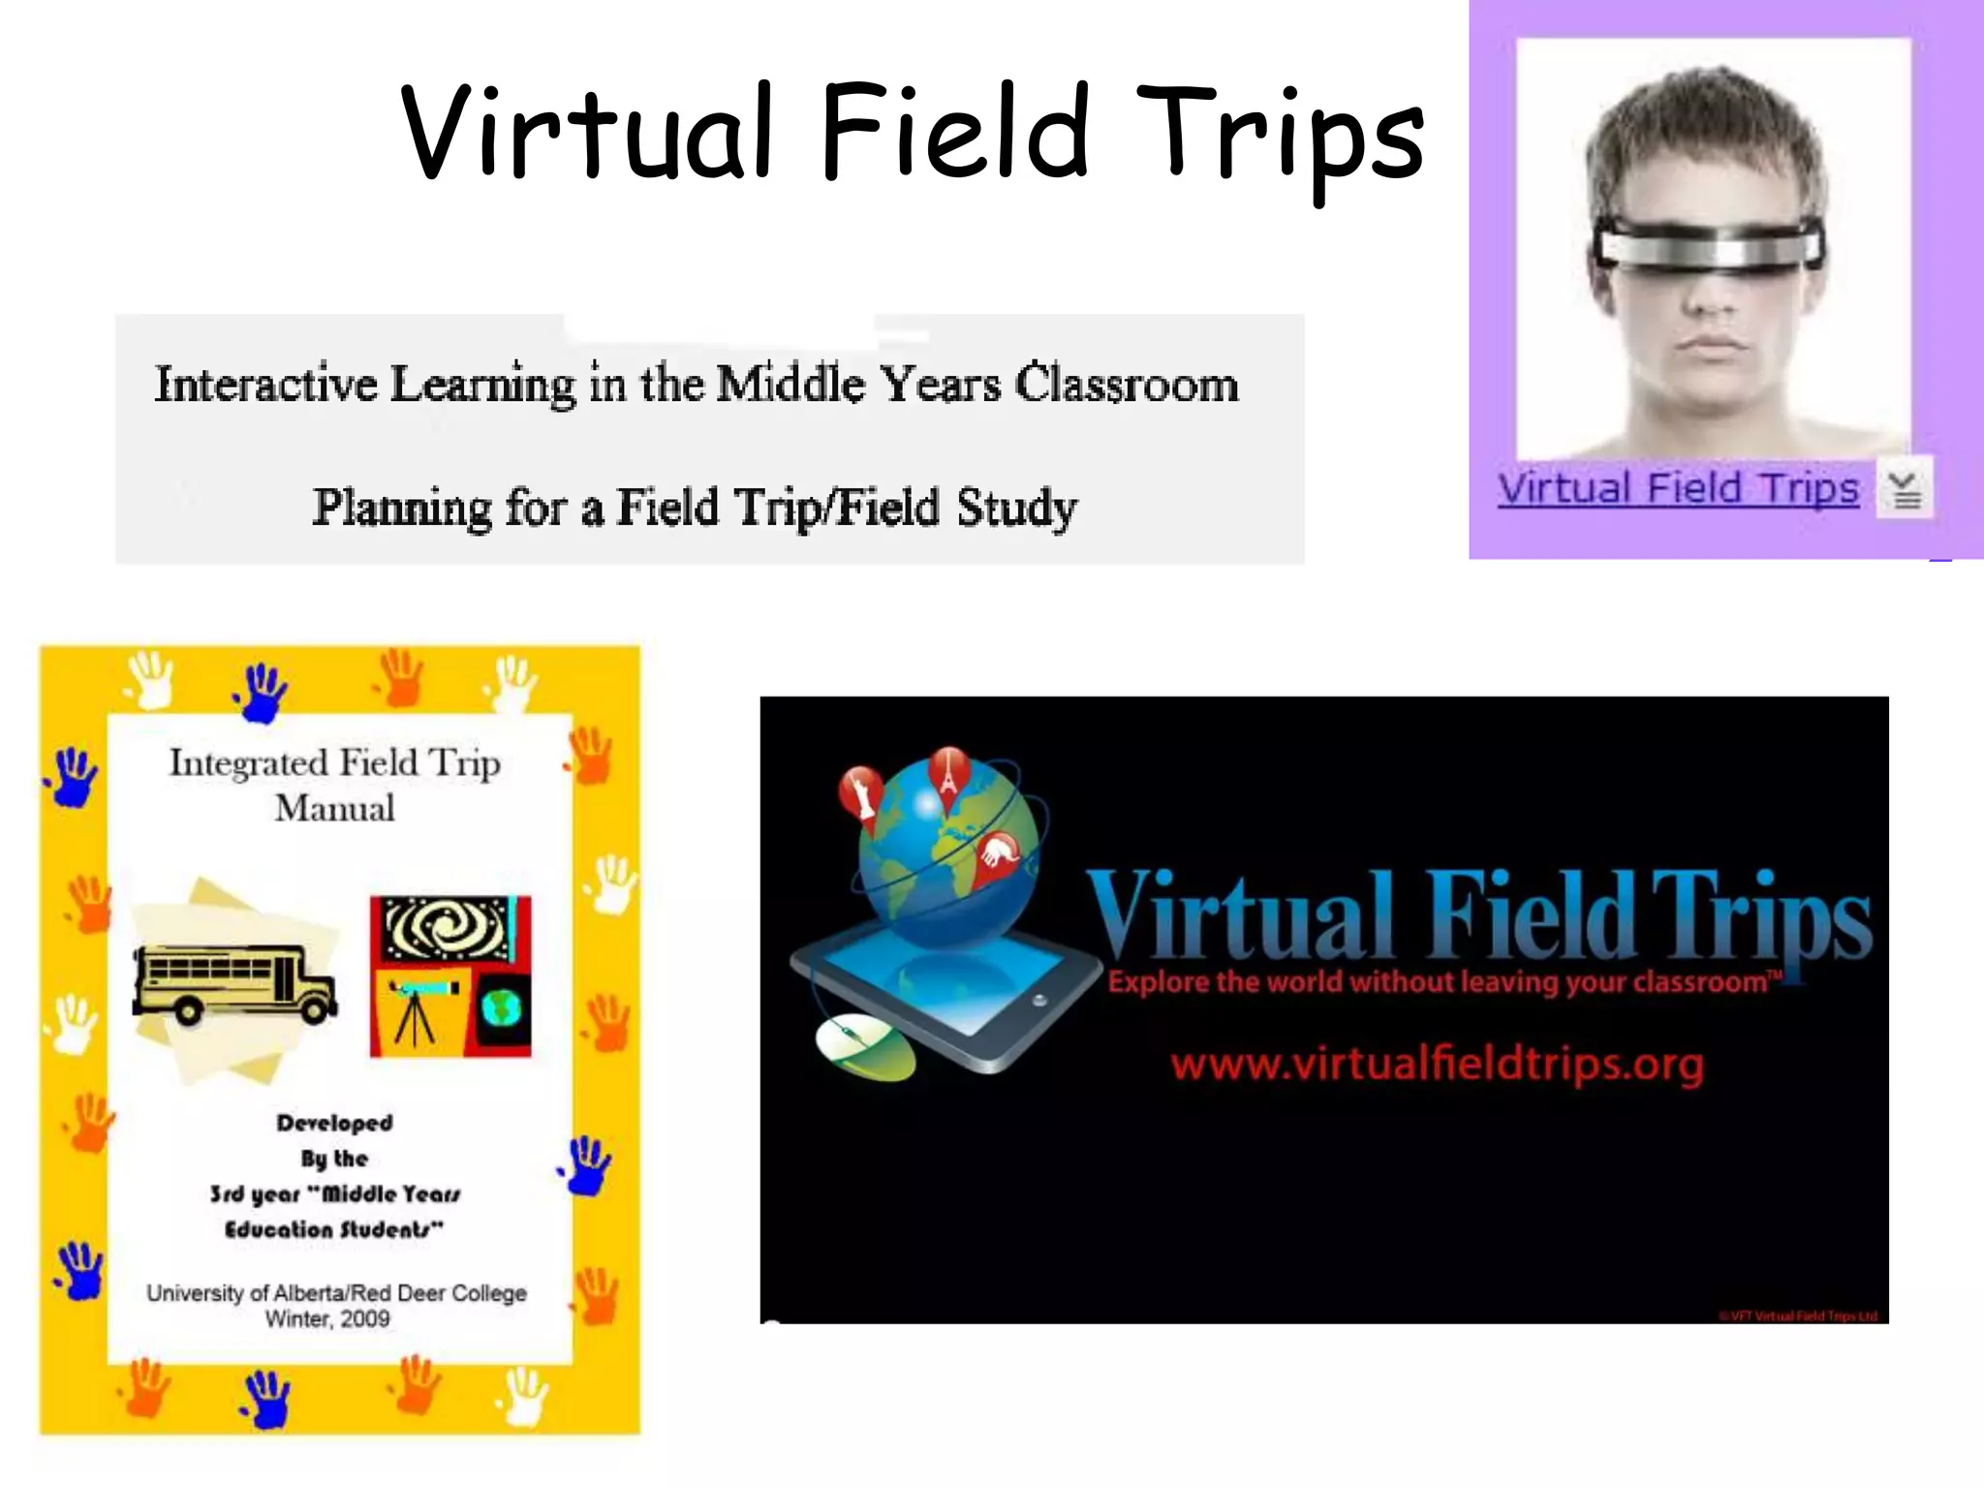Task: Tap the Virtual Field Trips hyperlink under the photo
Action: (x=1678, y=488)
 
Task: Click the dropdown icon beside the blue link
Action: (x=1905, y=488)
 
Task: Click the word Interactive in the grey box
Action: (x=265, y=385)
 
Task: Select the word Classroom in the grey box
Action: (x=1127, y=385)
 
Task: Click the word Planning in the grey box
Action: (x=402, y=508)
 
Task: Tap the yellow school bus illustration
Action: (x=234, y=983)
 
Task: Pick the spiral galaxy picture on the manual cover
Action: (x=448, y=928)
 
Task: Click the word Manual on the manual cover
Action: (x=334, y=809)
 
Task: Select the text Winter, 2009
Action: (x=327, y=1318)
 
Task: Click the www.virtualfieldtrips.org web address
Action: (x=1437, y=1065)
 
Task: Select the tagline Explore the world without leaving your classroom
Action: (x=1443, y=982)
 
